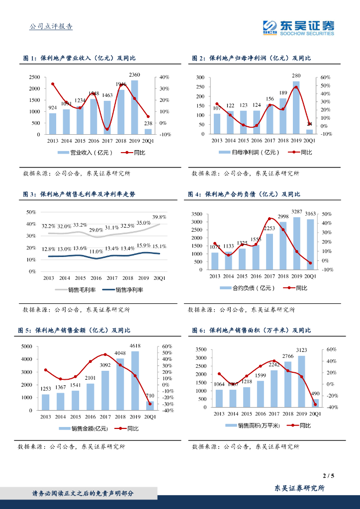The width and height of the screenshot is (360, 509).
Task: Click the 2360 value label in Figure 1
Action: [134, 75]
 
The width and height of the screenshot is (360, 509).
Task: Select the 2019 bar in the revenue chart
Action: [134, 107]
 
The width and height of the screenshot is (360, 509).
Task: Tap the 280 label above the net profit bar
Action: [296, 76]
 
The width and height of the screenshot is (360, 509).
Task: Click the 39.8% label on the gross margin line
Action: [159, 217]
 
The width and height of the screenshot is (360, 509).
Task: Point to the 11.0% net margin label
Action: [96, 252]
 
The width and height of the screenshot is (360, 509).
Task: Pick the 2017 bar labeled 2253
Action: [269, 252]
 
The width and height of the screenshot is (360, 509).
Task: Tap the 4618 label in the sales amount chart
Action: [135, 345]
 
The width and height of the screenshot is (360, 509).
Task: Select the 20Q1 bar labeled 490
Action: [315, 403]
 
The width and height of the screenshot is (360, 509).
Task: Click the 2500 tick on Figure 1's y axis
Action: [34, 78]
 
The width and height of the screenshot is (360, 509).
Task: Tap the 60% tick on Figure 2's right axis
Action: [325, 78]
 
